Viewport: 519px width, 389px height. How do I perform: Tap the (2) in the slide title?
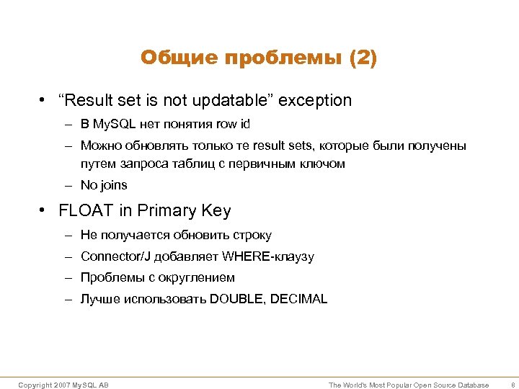[x=363, y=58]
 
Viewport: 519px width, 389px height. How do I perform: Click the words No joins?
[x=104, y=185]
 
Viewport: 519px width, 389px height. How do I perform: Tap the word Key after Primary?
[x=216, y=210]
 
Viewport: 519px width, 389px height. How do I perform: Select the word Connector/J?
[x=110, y=256]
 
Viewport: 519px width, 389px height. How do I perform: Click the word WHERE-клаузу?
[x=268, y=256]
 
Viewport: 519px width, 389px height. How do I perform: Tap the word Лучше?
[x=97, y=299]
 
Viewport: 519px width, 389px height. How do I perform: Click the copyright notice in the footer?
[x=63, y=385]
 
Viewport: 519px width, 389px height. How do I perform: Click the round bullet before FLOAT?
[x=44, y=211]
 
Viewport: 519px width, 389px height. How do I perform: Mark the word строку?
[x=252, y=235]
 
